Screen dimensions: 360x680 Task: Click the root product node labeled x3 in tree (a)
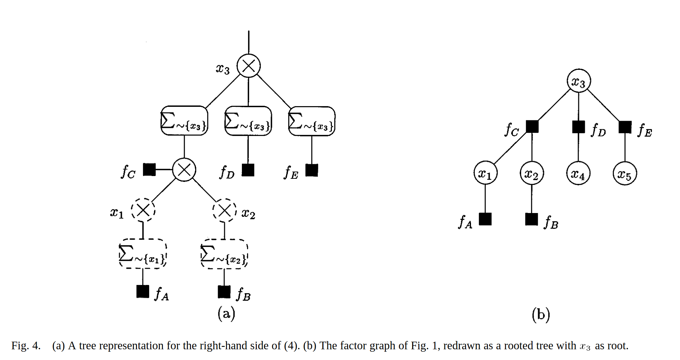coord(248,66)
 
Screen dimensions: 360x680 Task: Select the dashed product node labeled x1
coord(143,210)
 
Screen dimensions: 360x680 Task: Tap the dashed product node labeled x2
coord(224,210)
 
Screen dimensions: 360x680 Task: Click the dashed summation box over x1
coord(143,254)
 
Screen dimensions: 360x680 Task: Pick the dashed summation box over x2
coord(224,254)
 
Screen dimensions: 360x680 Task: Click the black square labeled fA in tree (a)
coord(143,291)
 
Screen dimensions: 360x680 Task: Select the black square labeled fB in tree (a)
coord(224,291)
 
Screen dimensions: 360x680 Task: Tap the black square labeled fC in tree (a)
coord(149,169)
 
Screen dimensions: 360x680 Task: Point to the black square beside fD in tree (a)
coord(248,170)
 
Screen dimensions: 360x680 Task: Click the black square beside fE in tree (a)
coord(311,170)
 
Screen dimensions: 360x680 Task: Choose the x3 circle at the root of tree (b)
coord(579,81)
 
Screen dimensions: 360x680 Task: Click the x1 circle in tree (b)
coord(485,173)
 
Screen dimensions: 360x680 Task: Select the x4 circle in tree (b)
coord(578,173)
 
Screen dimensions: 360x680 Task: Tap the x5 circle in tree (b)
coord(625,173)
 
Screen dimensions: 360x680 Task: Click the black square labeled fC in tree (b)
coord(532,127)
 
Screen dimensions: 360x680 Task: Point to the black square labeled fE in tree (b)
coord(625,127)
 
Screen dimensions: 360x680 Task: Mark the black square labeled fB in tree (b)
coord(532,219)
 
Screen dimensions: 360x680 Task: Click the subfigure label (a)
coord(226,313)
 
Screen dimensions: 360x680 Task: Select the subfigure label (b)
coord(541,314)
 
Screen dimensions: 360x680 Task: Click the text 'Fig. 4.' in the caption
coord(26,345)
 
